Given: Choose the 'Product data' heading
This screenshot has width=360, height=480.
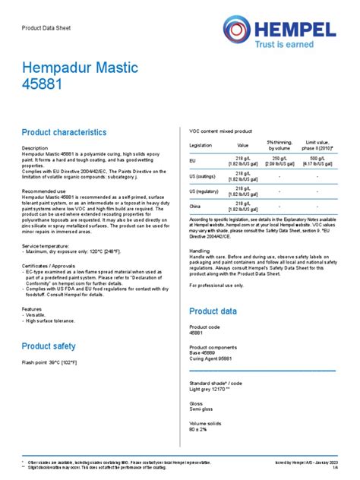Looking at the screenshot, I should tap(213, 311).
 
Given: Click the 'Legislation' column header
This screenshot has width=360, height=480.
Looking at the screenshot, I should tap(201, 144).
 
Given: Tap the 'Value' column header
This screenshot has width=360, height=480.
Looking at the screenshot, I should tap(243, 144).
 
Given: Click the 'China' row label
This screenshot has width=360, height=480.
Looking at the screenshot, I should tap(195, 206).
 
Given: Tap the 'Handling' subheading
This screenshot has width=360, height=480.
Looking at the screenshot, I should tap(200, 250).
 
